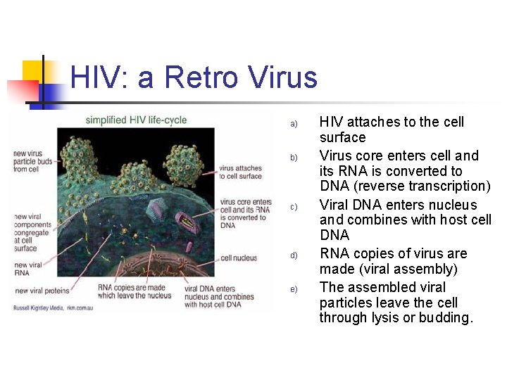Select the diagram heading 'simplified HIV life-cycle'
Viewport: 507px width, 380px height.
click(136, 120)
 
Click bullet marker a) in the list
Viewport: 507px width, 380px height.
click(294, 125)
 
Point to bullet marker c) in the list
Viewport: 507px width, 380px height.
click(294, 207)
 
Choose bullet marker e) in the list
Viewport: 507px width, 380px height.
click(294, 289)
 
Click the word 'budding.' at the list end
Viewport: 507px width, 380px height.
click(446, 318)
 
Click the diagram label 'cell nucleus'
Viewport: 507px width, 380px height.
click(239, 258)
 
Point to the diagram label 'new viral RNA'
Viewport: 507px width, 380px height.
click(27, 268)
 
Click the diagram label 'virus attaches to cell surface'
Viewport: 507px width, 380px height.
click(241, 172)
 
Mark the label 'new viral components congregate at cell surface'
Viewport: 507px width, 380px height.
click(32, 232)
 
